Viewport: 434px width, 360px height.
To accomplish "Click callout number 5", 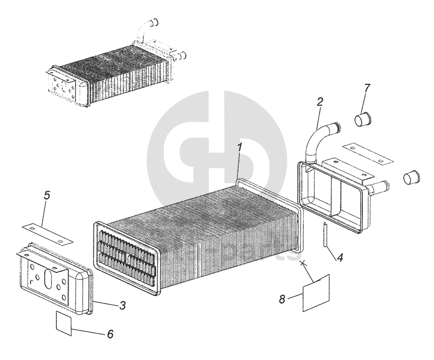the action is [47, 196].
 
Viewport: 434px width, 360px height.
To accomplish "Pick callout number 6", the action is [110, 334].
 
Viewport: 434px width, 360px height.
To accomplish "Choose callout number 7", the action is [367, 87].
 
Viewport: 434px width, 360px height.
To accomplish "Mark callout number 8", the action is [282, 299].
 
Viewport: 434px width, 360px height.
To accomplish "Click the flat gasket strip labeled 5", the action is [48, 233].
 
